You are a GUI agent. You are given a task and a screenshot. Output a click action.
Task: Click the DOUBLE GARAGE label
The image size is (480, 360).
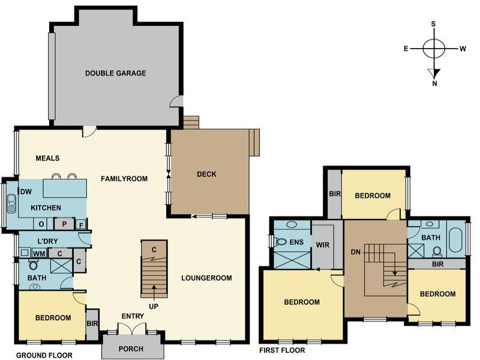[x=115, y=73]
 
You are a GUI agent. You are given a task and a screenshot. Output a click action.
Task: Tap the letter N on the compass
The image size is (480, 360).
[x=434, y=83]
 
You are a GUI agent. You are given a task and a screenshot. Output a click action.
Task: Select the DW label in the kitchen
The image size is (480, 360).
[x=26, y=192]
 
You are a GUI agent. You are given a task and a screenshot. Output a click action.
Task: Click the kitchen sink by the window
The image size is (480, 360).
[x=11, y=203]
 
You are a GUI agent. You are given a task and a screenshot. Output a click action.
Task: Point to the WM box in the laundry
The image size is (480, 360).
[x=40, y=253]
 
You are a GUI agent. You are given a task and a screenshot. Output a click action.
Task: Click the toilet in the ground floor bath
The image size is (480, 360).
[x=33, y=264]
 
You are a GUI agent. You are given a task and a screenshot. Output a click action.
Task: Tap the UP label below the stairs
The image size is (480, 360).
[x=154, y=307]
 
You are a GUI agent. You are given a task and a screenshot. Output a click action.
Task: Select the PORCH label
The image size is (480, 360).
[x=131, y=349]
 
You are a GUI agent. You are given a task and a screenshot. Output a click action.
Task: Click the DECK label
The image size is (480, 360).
[x=206, y=174]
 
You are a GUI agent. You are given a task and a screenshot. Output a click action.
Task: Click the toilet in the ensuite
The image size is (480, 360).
[x=280, y=242]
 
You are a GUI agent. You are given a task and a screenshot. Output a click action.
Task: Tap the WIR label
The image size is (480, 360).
[x=323, y=245]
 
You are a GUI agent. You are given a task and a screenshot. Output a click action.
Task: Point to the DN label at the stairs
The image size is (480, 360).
[x=356, y=252]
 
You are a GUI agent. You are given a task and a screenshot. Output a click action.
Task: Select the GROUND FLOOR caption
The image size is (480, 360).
[x=44, y=355]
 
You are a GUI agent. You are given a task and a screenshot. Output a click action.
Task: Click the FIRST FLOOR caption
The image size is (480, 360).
[x=282, y=350]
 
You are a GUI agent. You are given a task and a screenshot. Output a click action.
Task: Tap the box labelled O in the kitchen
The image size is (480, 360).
[x=41, y=224]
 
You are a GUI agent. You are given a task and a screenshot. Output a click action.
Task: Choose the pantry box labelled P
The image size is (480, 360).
[x=64, y=224]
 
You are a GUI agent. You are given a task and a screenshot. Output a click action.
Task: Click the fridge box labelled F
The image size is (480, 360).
[x=81, y=226]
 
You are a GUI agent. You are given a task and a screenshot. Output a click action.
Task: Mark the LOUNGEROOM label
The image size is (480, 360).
[x=206, y=278]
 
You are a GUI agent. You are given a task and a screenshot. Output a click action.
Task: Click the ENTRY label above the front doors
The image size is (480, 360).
[x=133, y=316]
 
